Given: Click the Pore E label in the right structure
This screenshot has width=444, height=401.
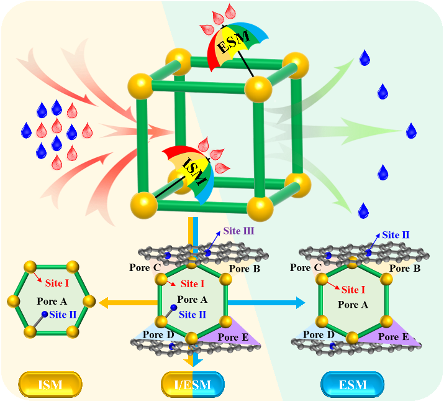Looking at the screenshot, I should coord(388,338).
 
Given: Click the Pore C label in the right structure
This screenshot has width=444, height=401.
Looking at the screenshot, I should coord(309,268).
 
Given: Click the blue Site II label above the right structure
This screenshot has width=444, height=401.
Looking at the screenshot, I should coord(395,235).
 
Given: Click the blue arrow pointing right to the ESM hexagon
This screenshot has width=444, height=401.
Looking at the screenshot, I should coord(267,303).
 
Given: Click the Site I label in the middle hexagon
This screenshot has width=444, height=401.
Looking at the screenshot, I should coord(193,285).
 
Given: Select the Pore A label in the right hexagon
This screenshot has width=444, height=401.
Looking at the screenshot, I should coord(352,305).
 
